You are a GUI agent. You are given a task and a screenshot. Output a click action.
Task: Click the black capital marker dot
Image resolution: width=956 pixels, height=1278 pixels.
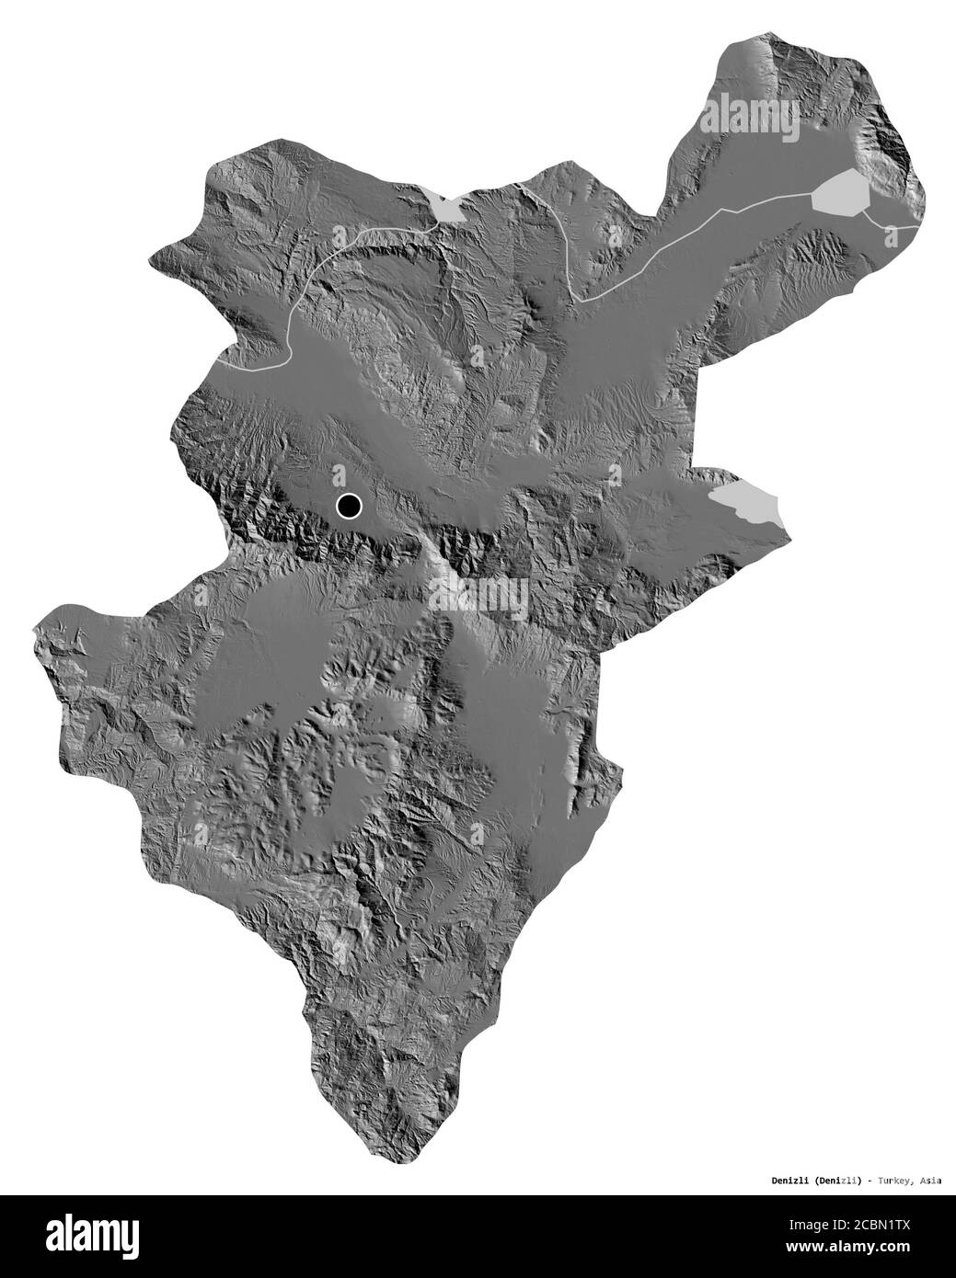(349, 505)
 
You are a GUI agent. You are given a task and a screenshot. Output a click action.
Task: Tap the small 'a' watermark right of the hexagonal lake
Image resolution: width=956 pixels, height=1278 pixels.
(891, 235)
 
